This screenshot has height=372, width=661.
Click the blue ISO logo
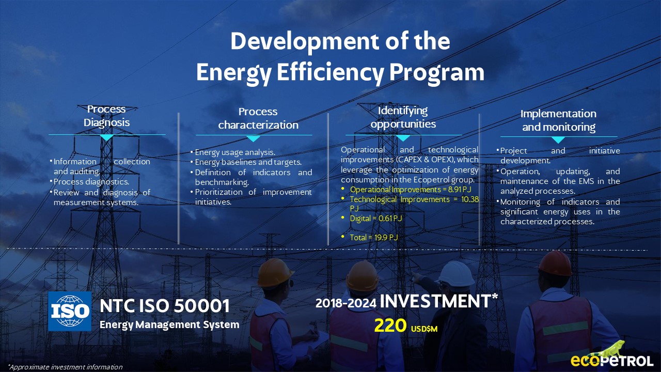point(70,311)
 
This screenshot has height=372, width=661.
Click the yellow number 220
point(390,326)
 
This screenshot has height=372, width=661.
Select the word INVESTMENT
point(435,301)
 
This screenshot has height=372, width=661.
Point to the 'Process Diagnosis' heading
point(106,116)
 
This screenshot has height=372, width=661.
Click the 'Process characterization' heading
point(258,118)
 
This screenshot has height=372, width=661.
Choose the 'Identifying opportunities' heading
point(403,117)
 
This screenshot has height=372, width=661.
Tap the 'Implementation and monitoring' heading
point(558,120)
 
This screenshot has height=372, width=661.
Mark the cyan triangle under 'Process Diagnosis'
point(107,137)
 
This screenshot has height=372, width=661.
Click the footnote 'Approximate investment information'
point(65,367)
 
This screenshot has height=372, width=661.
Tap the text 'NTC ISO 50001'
point(165,306)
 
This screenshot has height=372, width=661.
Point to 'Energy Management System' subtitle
point(169,324)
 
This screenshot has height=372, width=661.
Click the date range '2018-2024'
point(346,303)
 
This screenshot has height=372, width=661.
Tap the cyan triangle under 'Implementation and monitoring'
point(558,139)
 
